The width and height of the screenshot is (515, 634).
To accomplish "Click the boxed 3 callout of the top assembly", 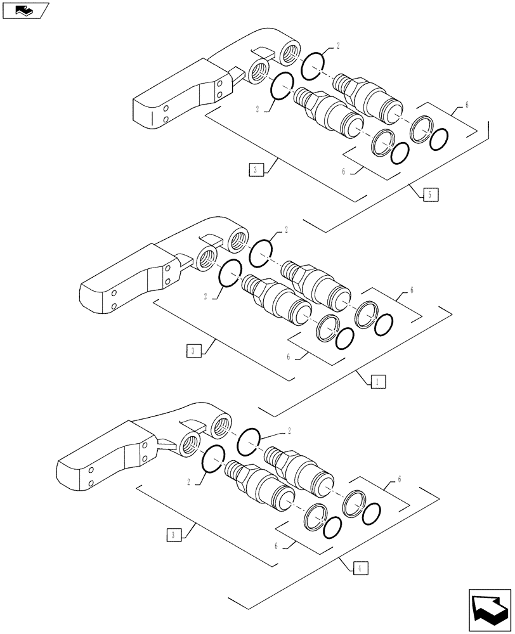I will [256, 169].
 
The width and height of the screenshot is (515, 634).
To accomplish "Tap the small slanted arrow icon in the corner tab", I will [24, 10].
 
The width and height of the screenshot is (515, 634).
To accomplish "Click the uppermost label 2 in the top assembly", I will [338, 46].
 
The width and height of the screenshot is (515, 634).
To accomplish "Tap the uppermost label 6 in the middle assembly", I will [412, 290].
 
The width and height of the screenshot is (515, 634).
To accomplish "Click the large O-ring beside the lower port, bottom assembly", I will [212, 458].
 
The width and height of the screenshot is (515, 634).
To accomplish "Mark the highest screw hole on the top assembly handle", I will [219, 82].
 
